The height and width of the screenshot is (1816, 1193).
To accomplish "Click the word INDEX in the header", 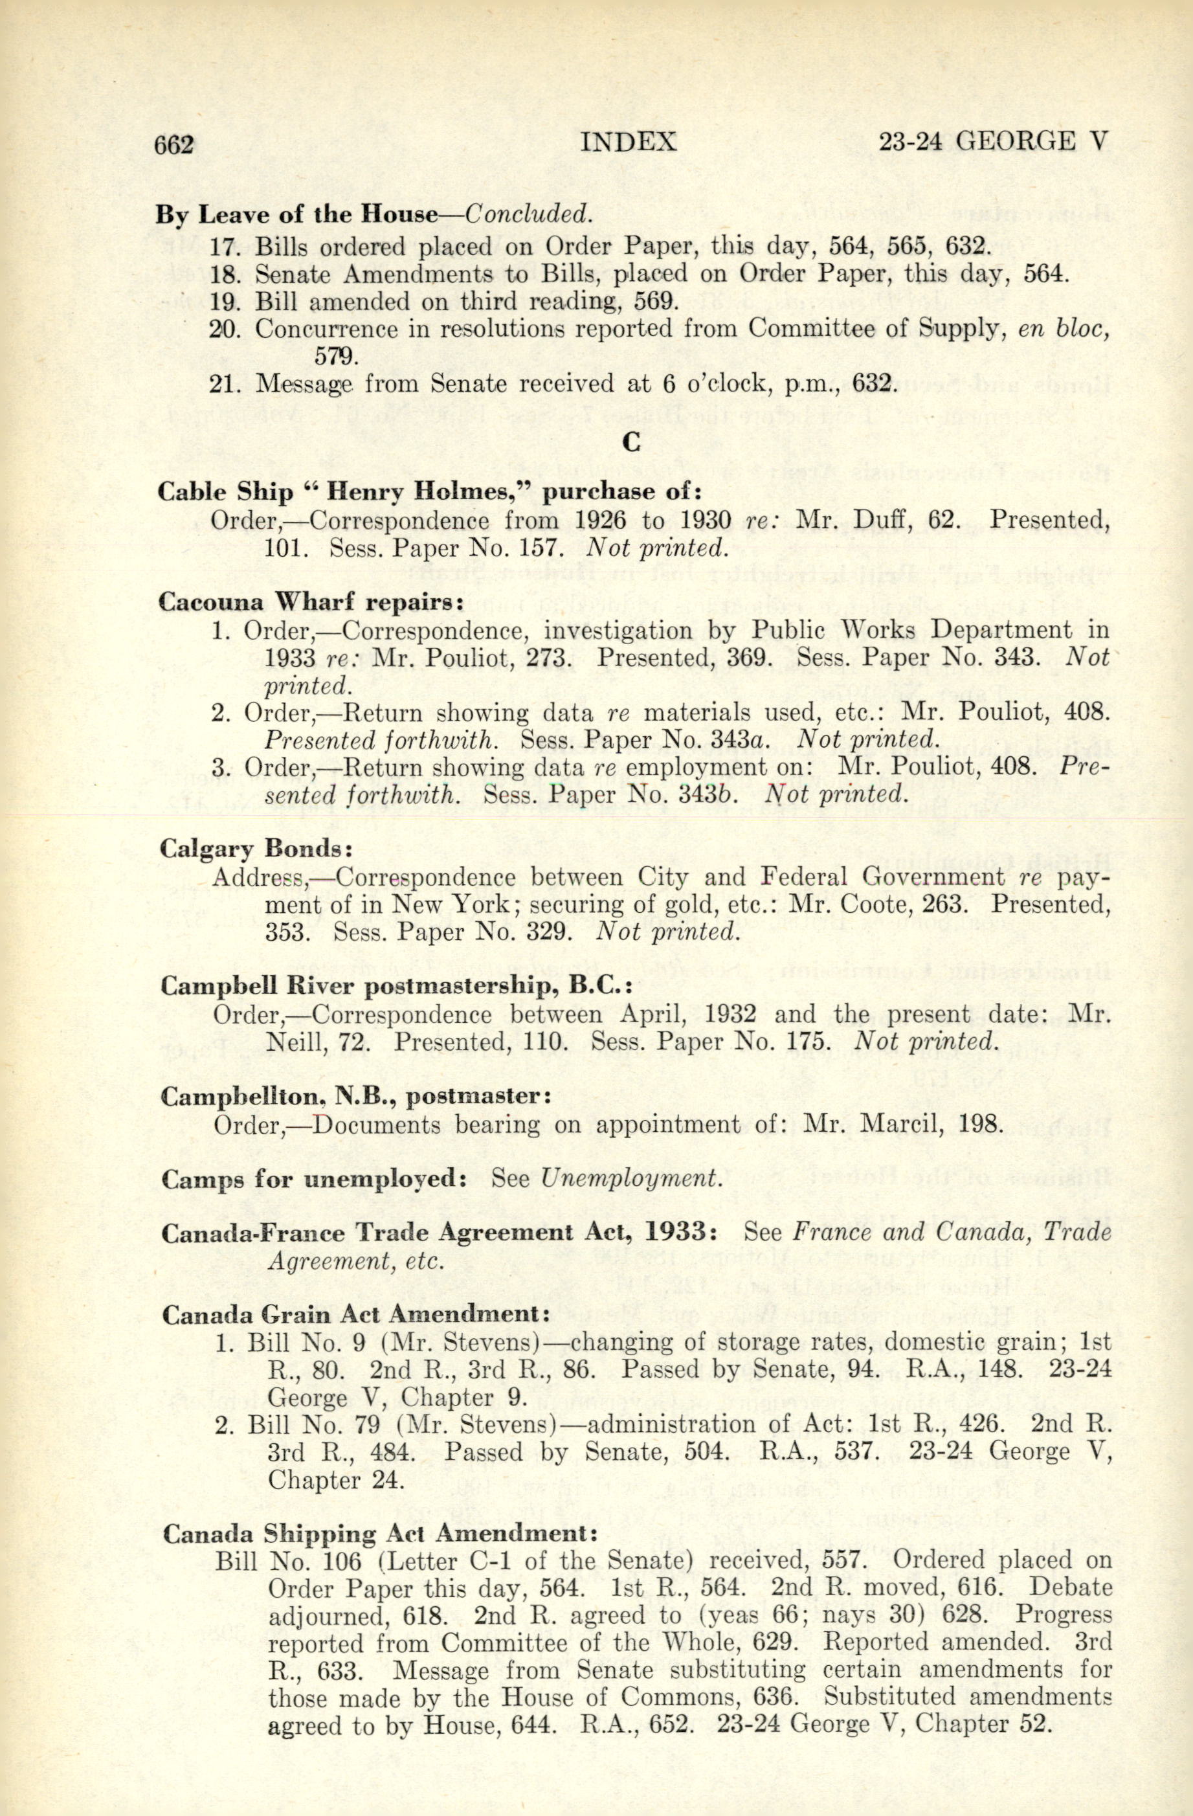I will click(629, 142).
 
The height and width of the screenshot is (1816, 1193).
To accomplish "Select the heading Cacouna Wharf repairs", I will click(311, 602).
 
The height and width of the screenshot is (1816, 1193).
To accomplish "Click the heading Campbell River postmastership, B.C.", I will click(397, 987).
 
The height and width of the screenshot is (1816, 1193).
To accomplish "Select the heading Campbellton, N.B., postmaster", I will click(356, 1097).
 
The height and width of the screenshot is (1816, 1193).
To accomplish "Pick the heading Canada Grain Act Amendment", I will click(356, 1315).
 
